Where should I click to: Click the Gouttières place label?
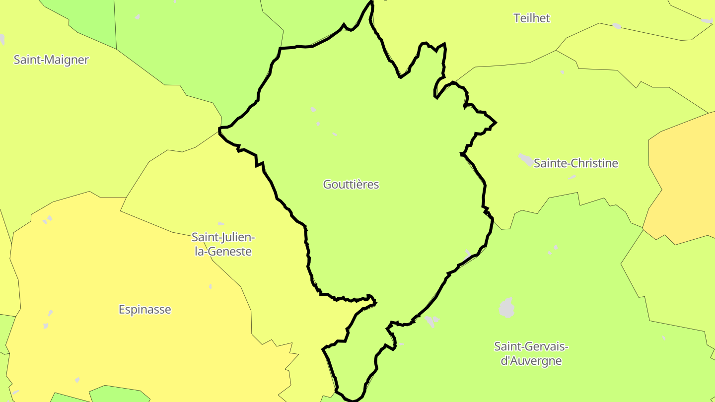click(x=351, y=185)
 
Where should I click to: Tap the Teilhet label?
click(x=532, y=18)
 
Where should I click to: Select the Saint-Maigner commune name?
click(x=51, y=60)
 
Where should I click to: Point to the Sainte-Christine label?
click(x=575, y=163)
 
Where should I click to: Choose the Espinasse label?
click(x=144, y=310)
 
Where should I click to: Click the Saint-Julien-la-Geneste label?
click(x=223, y=244)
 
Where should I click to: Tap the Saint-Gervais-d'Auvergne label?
click(x=531, y=353)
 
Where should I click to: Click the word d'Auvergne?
click(x=531, y=361)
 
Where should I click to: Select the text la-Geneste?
click(x=223, y=252)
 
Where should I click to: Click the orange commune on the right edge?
click(x=683, y=174)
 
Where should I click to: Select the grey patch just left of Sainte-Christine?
click(x=525, y=159)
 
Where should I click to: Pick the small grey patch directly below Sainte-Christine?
click(x=572, y=177)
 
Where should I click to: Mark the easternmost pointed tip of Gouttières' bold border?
click(x=496, y=122)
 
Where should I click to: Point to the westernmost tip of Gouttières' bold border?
click(x=219, y=130)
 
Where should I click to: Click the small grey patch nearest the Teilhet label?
click(x=617, y=26)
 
